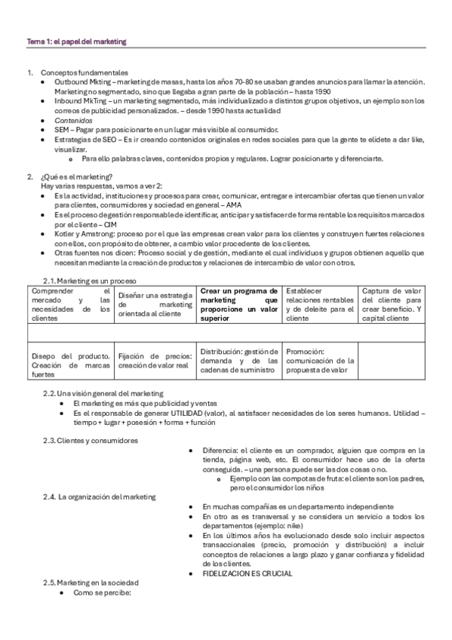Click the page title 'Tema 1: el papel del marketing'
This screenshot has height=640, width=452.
(x=76, y=41)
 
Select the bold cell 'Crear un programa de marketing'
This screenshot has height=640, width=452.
(x=238, y=304)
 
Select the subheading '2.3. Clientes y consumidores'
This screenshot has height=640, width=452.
(x=91, y=440)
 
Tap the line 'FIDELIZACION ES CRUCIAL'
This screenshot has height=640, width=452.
(x=248, y=573)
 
